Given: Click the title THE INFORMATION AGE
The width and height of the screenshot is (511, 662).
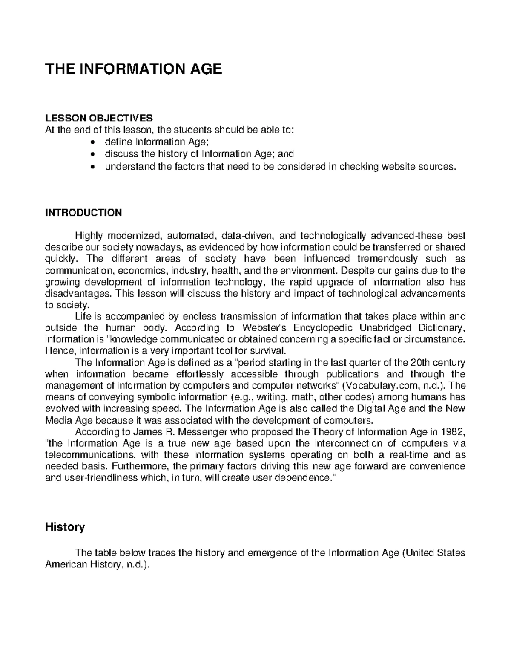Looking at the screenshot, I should (x=134, y=69).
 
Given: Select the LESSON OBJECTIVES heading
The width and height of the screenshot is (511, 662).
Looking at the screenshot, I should (x=98, y=118).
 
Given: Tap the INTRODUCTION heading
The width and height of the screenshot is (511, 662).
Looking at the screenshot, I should (x=83, y=212).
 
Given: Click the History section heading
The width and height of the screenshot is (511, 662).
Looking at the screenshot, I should (x=65, y=527).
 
